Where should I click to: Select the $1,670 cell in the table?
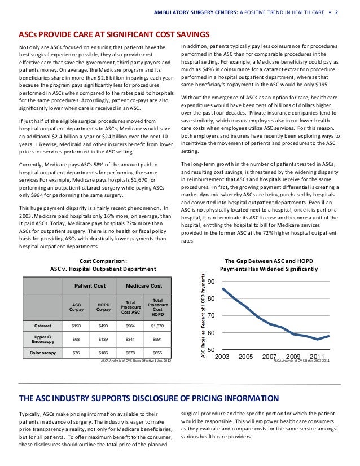coord(157,326)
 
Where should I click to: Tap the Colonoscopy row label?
coord(43,353)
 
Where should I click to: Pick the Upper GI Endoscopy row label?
coord(43,339)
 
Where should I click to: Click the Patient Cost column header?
coord(91,286)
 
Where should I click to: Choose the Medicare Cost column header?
coord(144,286)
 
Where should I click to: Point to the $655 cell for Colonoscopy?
coord(157,353)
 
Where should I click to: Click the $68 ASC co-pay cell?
coord(76,339)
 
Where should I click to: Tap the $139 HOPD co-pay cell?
coord(103,339)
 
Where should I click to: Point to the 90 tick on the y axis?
coord(211,282)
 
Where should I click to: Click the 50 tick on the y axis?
coord(211,350)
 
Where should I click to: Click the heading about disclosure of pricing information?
coord(149,399)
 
